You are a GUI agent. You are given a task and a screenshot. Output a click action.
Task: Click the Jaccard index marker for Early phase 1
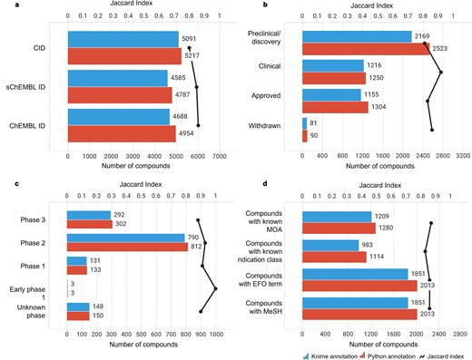[x=215, y=289]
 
